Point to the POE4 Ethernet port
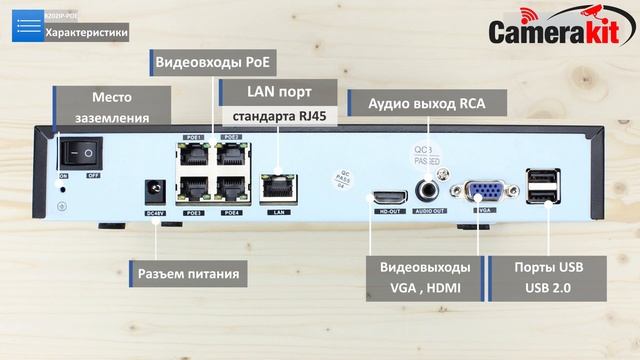click(231, 190)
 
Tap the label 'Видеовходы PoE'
click(214, 62)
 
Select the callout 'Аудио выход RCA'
click(424, 103)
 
